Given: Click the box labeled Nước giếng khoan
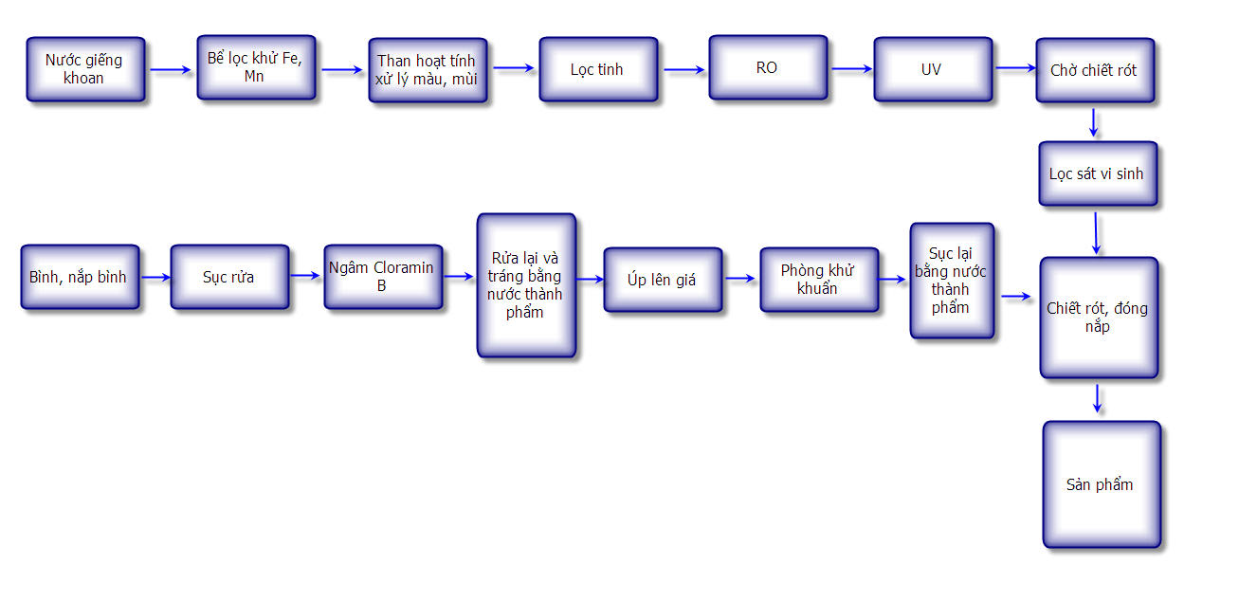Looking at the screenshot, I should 85,69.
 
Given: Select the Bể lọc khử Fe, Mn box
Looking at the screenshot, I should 256,67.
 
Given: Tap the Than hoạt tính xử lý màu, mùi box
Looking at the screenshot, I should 428,70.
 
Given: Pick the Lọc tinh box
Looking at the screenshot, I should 598,69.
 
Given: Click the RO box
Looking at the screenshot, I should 768,67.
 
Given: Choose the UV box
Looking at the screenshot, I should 933,68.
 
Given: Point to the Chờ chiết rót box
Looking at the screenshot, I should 1095,70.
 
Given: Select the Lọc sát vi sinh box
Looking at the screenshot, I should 1098,173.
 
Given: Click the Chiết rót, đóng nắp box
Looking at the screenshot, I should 1099,318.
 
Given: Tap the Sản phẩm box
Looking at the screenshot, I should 1102,484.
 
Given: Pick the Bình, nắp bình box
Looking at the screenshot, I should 80,277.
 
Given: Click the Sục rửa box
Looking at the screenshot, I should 229,277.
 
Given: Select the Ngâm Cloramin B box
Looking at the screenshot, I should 383,276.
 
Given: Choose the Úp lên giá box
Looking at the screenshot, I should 663,280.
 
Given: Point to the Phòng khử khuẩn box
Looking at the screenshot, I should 819,280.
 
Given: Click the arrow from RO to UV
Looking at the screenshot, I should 851,68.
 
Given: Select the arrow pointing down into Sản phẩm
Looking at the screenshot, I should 1097,398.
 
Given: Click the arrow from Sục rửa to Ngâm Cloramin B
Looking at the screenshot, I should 306,276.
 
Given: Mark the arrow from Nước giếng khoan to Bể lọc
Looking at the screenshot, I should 171,69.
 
